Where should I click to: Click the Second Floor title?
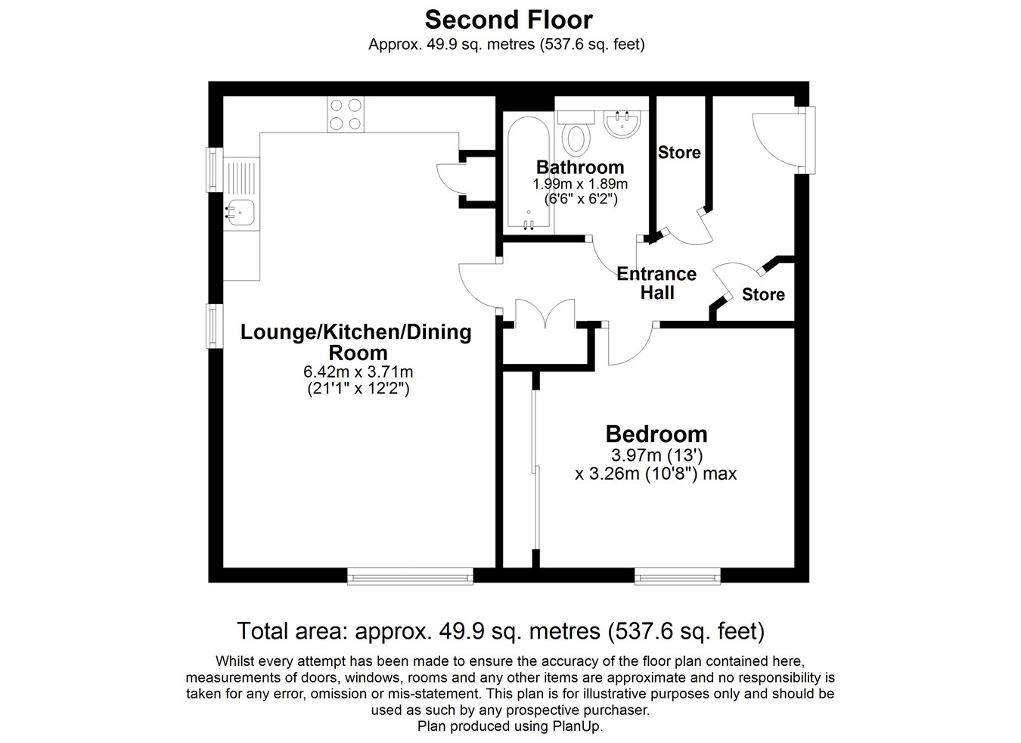pos(509,20)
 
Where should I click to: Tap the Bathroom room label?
pos(580,167)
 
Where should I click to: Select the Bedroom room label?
pos(656,434)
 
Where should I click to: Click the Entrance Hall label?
pos(656,283)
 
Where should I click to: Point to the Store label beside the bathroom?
pos(679,152)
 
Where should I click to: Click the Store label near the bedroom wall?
pos(763,294)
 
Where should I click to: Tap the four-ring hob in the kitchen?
pos(346,114)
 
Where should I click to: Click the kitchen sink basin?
pos(241,213)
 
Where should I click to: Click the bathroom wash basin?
pos(622,124)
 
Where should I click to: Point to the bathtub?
pos(529,173)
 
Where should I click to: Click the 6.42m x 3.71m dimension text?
pos(358,371)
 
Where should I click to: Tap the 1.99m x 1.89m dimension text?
pos(580,184)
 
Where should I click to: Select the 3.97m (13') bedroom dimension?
pos(656,455)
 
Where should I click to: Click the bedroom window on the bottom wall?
pos(678,576)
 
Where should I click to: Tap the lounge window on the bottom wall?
pos(410,576)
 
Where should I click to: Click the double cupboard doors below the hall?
pos(545,314)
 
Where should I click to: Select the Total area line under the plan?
pos(501,631)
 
